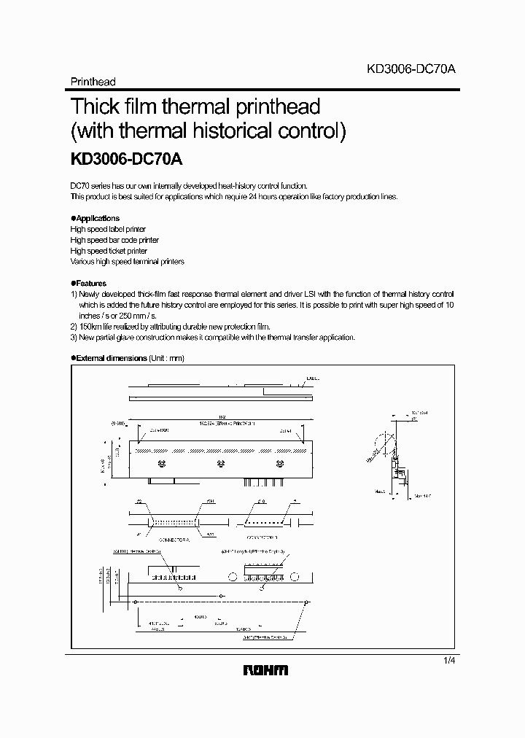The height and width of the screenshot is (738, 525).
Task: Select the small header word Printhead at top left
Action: pyautogui.click(x=93, y=82)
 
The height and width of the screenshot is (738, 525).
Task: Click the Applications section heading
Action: pyautogui.click(x=97, y=218)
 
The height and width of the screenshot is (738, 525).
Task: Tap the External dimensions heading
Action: pyautogui.click(x=110, y=358)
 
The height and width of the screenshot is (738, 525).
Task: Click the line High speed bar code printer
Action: pyautogui.click(x=114, y=240)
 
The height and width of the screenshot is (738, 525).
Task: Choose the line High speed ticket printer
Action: pyautogui.click(x=109, y=251)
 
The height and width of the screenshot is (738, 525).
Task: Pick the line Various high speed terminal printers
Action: pyautogui.click(x=127, y=261)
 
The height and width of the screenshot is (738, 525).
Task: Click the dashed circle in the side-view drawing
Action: pyautogui.click(x=379, y=446)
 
